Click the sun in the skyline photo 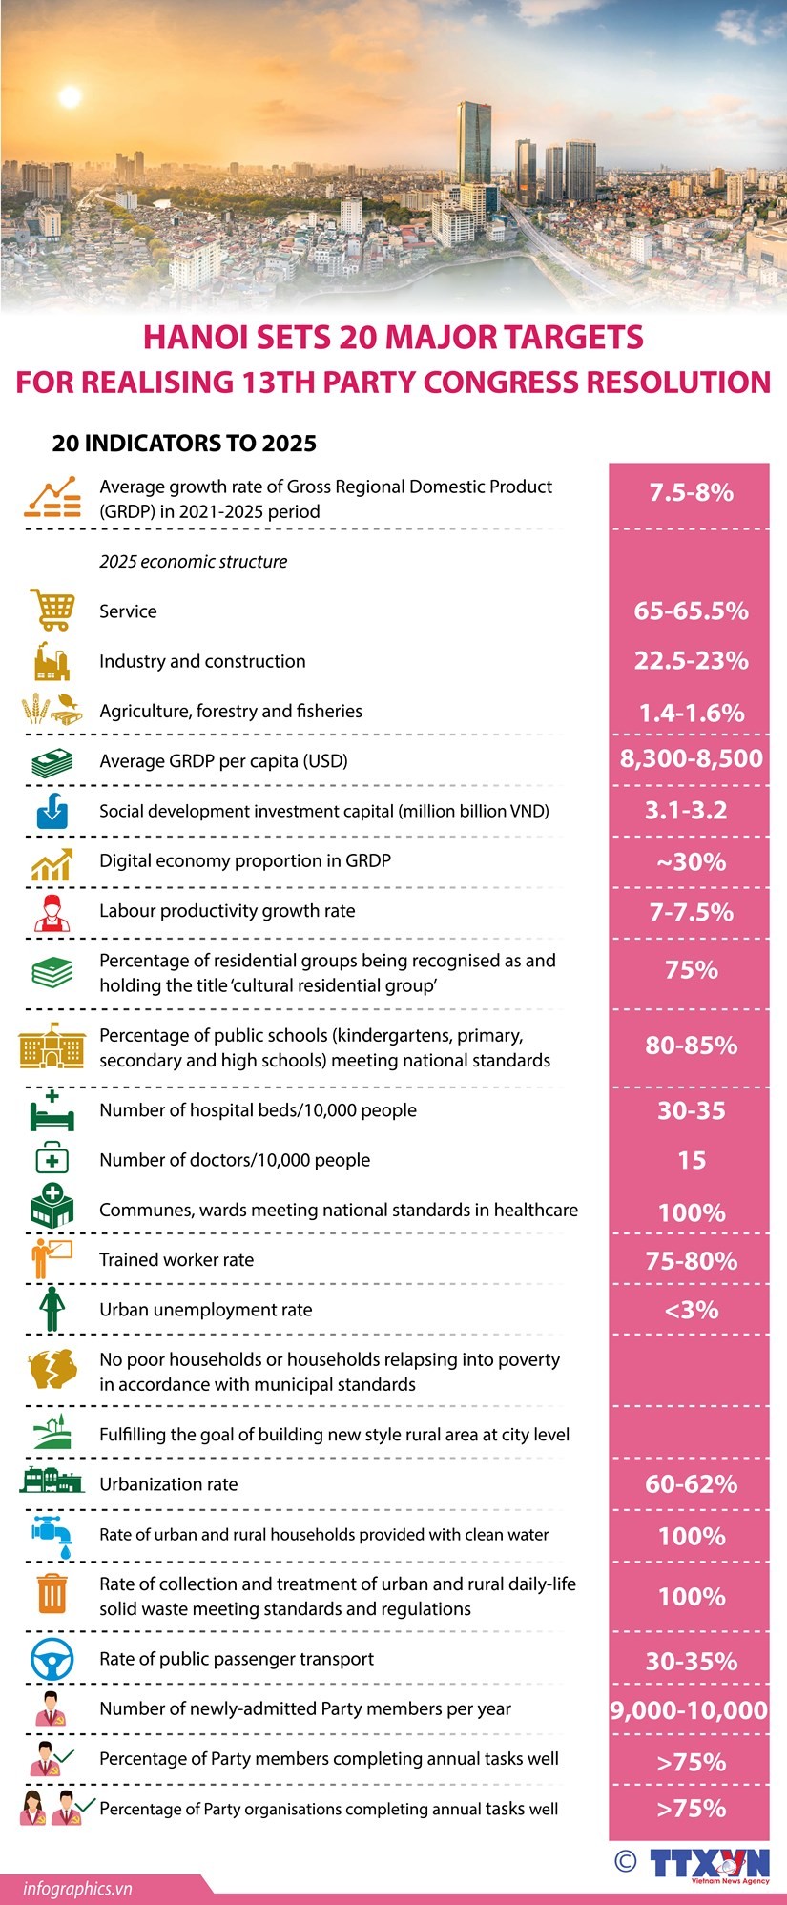[x=69, y=96]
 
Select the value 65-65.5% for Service [x=691, y=611]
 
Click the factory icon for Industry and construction [x=51, y=660]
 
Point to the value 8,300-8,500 [x=691, y=758]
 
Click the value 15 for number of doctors [x=691, y=1160]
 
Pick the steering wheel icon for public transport [x=52, y=1659]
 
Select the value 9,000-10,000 [x=690, y=1710]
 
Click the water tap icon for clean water [x=51, y=1534]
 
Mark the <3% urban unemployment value [x=691, y=1310]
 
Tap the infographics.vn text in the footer [x=78, y=1888]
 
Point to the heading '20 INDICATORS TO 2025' [x=184, y=444]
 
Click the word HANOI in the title [x=195, y=338]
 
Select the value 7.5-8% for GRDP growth [x=691, y=492]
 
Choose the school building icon [x=52, y=1046]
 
